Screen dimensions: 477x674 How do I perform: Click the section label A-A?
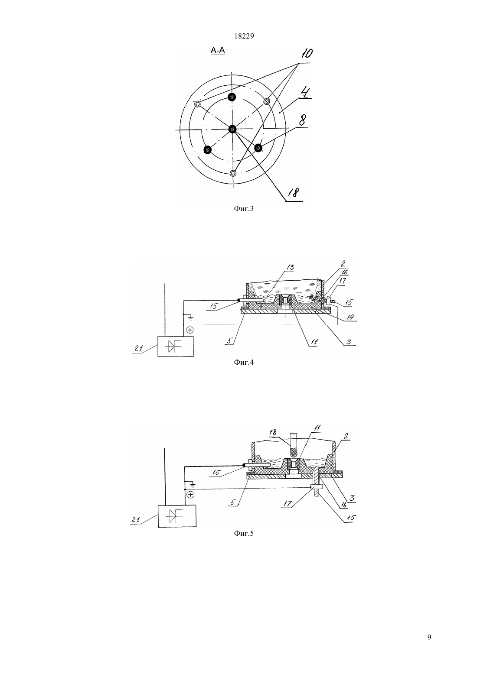click(x=217, y=51)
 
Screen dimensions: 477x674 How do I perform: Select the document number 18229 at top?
click(x=244, y=36)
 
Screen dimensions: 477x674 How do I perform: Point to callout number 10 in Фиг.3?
click(x=307, y=54)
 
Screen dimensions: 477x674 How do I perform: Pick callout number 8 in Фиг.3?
click(x=303, y=121)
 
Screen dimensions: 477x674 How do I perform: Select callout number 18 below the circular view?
click(x=294, y=192)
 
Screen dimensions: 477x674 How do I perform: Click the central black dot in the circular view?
click(x=232, y=129)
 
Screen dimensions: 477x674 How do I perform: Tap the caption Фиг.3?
click(x=244, y=208)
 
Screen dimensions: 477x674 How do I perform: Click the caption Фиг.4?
click(x=244, y=362)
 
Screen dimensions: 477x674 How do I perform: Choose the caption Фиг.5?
click(x=244, y=534)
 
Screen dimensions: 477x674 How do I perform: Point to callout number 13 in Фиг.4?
click(x=290, y=267)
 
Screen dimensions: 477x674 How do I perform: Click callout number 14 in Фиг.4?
click(x=350, y=317)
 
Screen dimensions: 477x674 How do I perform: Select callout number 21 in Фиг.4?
click(x=138, y=348)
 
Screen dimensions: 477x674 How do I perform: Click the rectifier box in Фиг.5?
click(x=177, y=516)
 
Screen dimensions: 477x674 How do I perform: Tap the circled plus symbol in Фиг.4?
click(x=190, y=330)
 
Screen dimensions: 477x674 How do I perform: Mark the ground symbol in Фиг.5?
click(x=193, y=484)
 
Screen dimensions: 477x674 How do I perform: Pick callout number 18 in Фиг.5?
click(x=273, y=432)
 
